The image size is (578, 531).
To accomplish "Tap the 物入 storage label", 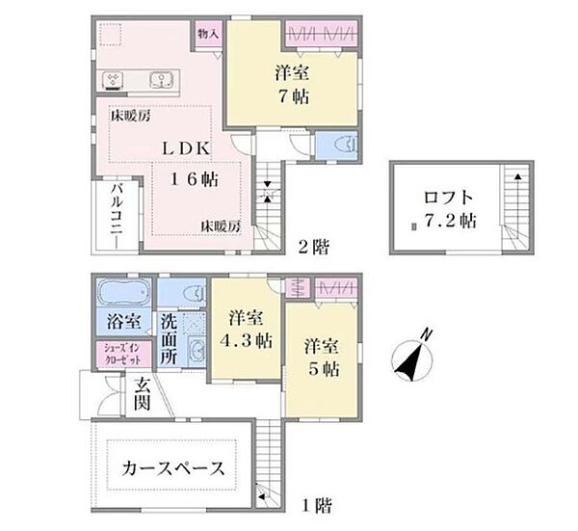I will click(x=209, y=32).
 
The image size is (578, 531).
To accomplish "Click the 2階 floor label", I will click(x=314, y=247).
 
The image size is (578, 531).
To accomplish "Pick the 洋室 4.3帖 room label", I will click(x=250, y=330).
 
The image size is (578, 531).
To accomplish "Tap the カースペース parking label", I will click(x=173, y=468).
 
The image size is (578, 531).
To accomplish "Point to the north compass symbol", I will click(x=410, y=358).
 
